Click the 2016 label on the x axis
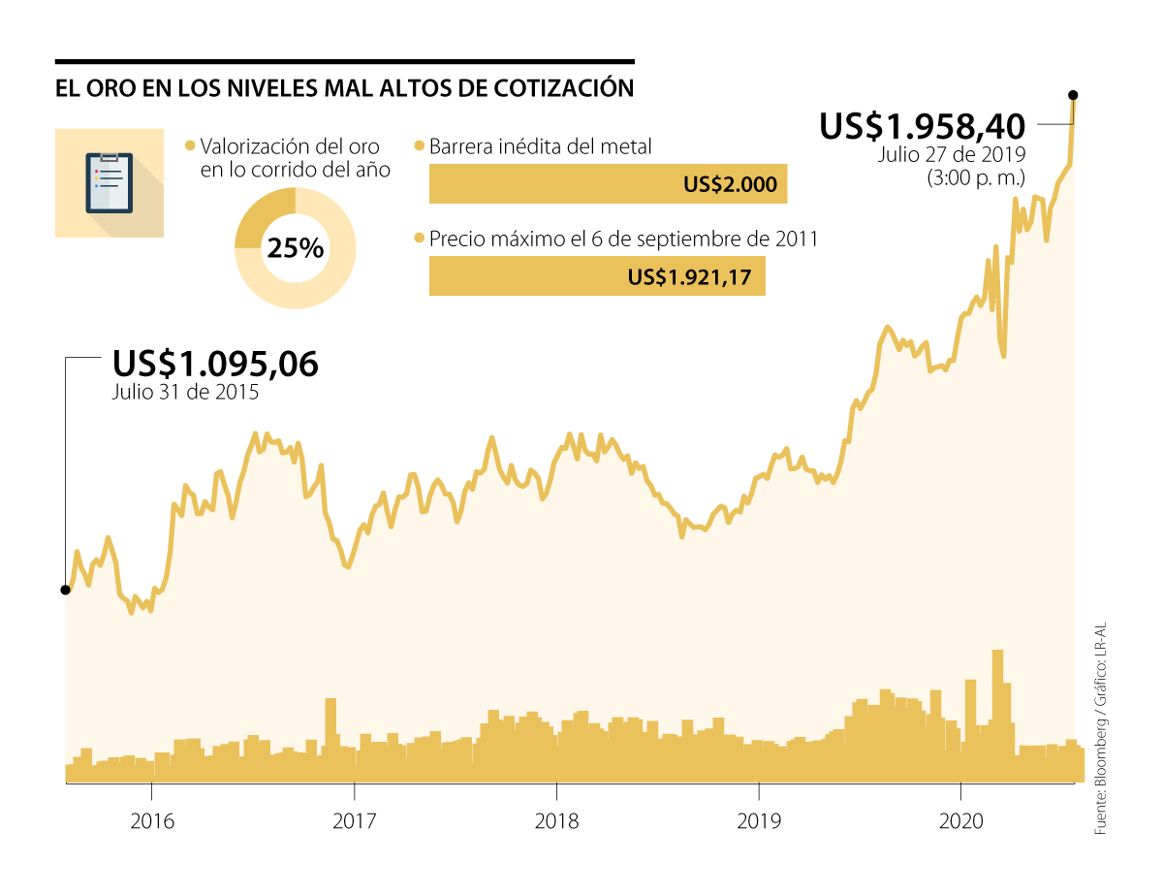click(x=151, y=821)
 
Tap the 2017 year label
click(x=354, y=821)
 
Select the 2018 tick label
click(x=556, y=821)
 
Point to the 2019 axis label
click(x=759, y=821)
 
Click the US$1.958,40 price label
click(x=922, y=127)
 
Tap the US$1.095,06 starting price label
click(x=215, y=364)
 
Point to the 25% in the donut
click(x=295, y=248)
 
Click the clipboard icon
click(x=109, y=182)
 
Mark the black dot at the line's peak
click(x=1072, y=95)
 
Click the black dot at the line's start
click(x=65, y=590)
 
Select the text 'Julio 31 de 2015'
click(x=184, y=393)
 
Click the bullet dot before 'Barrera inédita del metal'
click(x=420, y=146)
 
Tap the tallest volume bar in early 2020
click(x=997, y=713)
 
